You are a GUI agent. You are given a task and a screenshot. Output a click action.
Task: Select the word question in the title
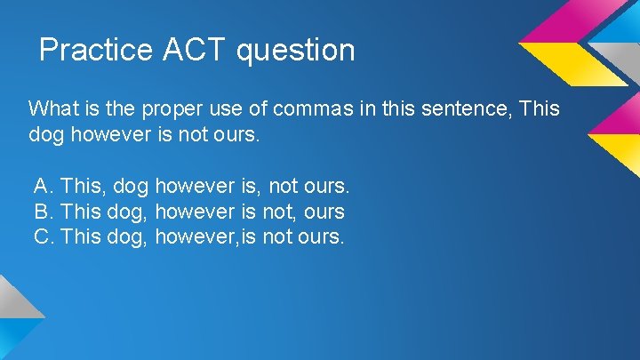click(296, 51)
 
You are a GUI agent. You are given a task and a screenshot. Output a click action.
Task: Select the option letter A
click(43, 187)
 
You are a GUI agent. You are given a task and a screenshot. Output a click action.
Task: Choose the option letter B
click(43, 212)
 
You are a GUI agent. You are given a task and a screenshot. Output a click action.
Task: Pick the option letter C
click(43, 237)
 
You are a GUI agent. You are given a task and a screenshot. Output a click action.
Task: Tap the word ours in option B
click(324, 212)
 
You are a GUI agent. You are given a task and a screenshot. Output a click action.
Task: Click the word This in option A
click(83, 187)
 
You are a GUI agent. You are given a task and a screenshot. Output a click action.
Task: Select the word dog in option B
click(131, 213)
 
